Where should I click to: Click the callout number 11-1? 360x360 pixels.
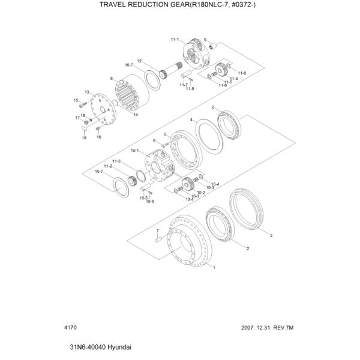pyautogui.click(x=175, y=40)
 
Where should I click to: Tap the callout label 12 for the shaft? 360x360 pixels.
pyautogui.click(x=139, y=61)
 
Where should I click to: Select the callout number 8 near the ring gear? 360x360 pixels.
pyautogui.click(x=112, y=79)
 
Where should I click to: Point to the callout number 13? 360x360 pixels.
pyautogui.click(x=87, y=92)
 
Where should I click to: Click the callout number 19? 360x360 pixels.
pyautogui.click(x=84, y=138)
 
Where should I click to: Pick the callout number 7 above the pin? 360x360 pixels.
pyautogui.click(x=157, y=230)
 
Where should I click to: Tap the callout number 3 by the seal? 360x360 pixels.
pyautogui.click(x=271, y=236)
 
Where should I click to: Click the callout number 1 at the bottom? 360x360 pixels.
pyautogui.click(x=214, y=268)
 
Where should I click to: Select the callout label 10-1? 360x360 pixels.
pyautogui.click(x=135, y=151)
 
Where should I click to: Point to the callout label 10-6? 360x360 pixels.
pyautogui.click(x=150, y=202)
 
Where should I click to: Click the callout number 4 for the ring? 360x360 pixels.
pyautogui.click(x=191, y=119)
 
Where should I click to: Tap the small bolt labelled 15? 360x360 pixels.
pyautogui.click(x=82, y=105)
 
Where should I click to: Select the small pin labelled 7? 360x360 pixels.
pyautogui.click(x=158, y=240)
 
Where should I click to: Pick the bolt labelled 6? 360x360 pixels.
pyautogui.click(x=166, y=145)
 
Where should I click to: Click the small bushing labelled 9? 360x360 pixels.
pyautogui.click(x=212, y=46)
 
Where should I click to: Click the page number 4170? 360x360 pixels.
pyautogui.click(x=71, y=327)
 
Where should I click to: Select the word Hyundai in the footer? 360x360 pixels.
pyautogui.click(x=119, y=347)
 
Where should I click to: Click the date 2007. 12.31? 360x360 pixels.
pyautogui.click(x=254, y=328)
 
